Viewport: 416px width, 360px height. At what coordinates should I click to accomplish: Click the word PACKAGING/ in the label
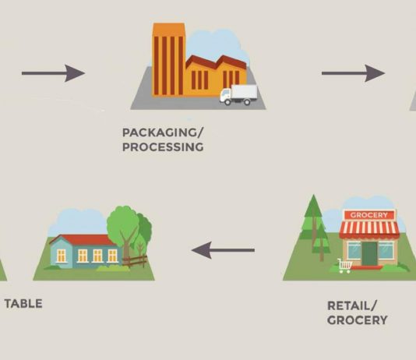click(x=163, y=132)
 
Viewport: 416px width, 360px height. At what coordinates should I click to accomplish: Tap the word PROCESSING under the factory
click(x=163, y=147)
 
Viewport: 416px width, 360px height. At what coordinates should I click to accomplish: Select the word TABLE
click(x=23, y=304)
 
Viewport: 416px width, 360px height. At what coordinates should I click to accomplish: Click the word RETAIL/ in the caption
click(x=352, y=306)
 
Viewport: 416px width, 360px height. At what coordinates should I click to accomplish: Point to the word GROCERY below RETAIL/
click(x=357, y=320)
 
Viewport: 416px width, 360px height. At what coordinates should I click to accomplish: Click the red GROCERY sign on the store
click(x=369, y=215)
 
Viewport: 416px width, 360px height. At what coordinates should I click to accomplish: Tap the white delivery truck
click(x=238, y=95)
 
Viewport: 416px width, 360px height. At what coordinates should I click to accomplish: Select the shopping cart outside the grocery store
click(x=344, y=266)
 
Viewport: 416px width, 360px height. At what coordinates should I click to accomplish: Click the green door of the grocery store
click(x=370, y=253)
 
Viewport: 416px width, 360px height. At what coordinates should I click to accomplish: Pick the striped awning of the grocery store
click(x=369, y=229)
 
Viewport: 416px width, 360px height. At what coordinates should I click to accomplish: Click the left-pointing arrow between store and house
click(x=223, y=250)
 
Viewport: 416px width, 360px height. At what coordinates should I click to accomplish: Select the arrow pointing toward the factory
click(x=53, y=73)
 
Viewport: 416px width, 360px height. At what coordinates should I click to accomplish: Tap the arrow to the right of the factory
click(x=354, y=73)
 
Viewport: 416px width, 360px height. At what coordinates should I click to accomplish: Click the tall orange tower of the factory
click(x=168, y=60)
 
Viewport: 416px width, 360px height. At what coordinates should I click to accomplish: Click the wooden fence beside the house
click(x=135, y=261)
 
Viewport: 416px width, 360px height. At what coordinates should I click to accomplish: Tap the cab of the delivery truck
click(x=225, y=97)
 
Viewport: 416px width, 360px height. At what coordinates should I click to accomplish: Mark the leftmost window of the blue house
click(x=62, y=256)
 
